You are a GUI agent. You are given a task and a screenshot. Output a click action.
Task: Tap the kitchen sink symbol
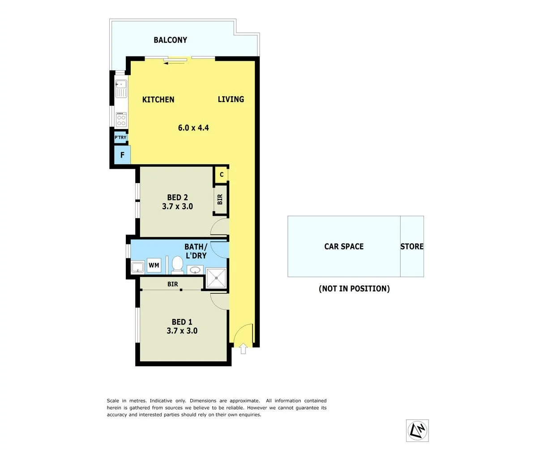[121, 88]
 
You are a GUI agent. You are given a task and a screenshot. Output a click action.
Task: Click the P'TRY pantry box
[120, 137]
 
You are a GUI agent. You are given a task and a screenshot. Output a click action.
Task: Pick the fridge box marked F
[122, 156]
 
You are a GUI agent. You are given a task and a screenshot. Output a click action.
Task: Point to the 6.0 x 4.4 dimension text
[193, 128]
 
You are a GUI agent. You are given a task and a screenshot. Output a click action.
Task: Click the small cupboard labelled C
[221, 175]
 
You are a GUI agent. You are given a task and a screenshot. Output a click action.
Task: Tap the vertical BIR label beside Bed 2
[220, 200]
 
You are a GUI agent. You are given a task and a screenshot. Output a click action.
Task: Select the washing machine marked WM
[154, 266]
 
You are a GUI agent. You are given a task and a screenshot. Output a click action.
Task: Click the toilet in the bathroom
[178, 265]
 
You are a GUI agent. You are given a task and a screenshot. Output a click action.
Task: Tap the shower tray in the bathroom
[216, 278]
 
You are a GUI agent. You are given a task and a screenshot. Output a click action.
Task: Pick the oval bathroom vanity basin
[195, 270]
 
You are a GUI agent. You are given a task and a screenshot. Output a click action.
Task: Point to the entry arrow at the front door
[243, 348]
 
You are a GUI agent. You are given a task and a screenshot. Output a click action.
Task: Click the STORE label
[411, 246]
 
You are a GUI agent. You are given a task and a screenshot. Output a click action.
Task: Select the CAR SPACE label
[343, 246]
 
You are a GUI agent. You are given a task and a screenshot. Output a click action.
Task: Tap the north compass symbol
[417, 431]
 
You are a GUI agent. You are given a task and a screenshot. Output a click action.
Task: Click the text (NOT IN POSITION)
[354, 289]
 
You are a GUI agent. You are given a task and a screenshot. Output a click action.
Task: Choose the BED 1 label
[182, 321]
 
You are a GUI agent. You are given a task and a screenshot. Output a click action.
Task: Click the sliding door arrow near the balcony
[175, 63]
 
